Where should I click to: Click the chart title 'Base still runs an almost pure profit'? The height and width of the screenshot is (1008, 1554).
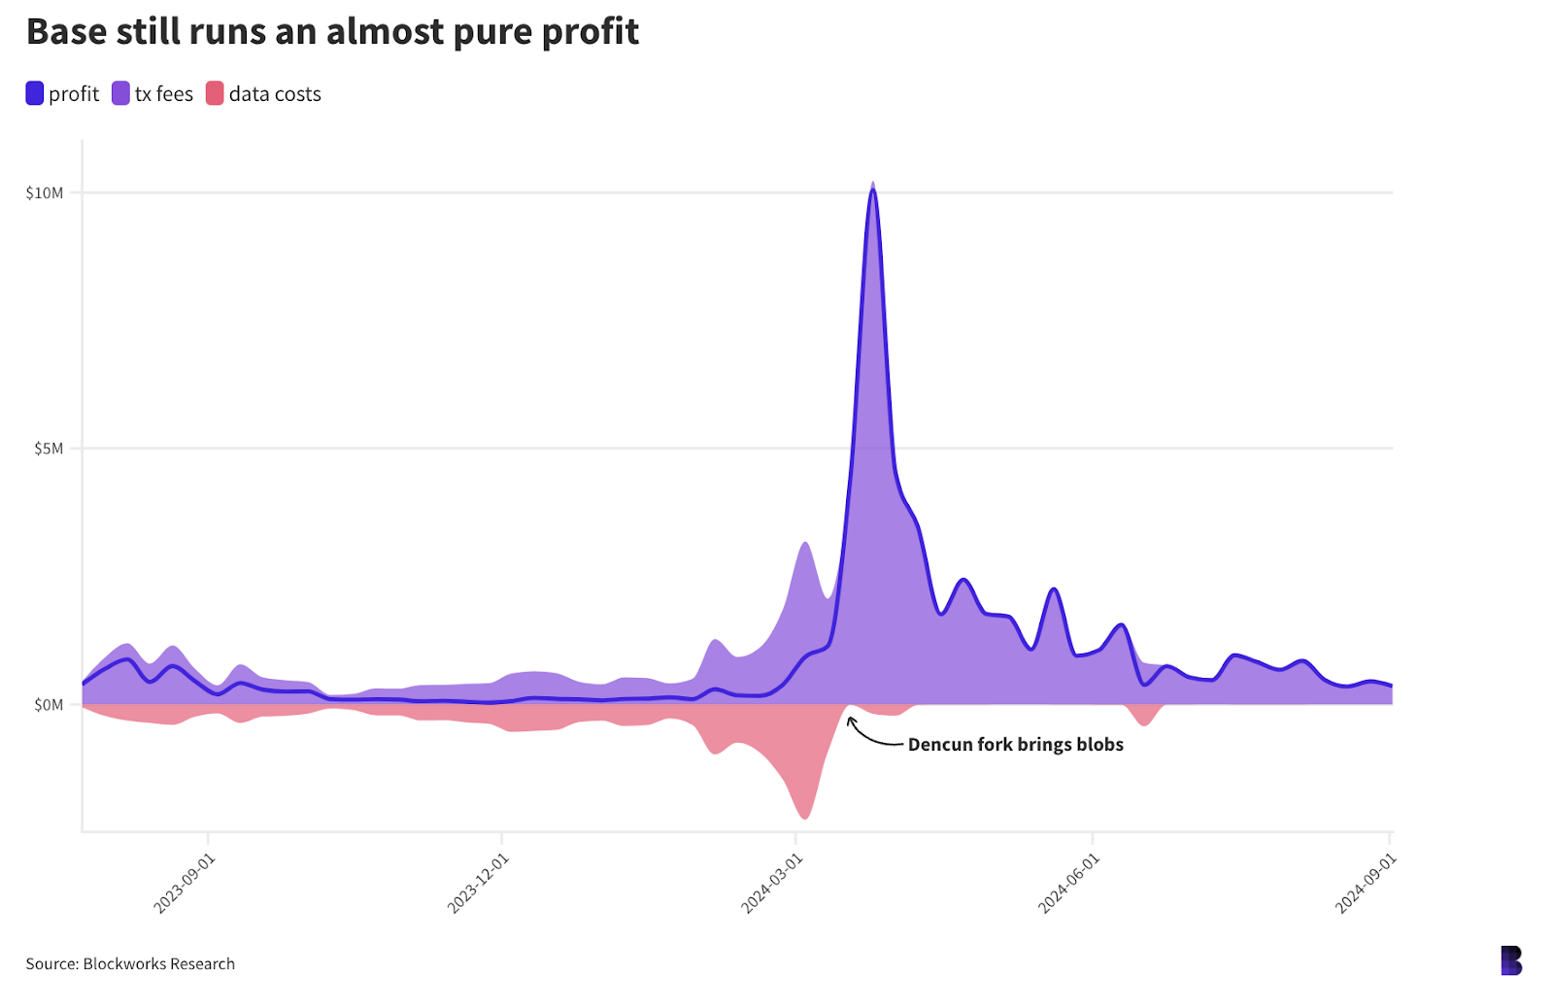pos(332,32)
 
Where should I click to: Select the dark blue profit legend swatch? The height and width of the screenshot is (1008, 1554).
pos(35,94)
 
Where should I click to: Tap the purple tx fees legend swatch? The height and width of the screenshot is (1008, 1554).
pos(120,94)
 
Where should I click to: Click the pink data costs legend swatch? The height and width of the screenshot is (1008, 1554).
pos(215,94)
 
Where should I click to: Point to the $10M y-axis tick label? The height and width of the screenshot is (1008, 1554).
pos(45,193)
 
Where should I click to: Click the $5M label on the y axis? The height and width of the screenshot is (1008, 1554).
pos(49,449)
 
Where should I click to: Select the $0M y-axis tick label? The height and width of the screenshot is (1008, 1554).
pos(49,705)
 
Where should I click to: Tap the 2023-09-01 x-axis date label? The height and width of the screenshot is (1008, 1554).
pos(185,883)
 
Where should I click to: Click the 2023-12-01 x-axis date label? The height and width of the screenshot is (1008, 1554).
pos(478,883)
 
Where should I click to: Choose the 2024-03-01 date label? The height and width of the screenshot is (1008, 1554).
pos(772,883)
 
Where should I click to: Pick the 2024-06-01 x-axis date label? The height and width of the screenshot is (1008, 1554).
pos(1068,883)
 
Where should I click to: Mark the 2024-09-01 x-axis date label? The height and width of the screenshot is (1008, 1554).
pos(1366,883)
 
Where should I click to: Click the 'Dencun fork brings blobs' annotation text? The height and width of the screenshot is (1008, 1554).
pos(1015,745)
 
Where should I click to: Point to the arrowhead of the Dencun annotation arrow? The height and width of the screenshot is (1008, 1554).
pos(850,720)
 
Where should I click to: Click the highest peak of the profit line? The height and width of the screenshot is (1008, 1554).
pos(873,190)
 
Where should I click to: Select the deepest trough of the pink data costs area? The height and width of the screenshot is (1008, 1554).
pos(804,817)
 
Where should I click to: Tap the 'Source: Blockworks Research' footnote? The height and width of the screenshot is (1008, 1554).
pos(130,963)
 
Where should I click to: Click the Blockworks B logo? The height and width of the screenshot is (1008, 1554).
pos(1511,960)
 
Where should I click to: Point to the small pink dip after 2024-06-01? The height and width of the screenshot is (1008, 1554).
pos(1145,723)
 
